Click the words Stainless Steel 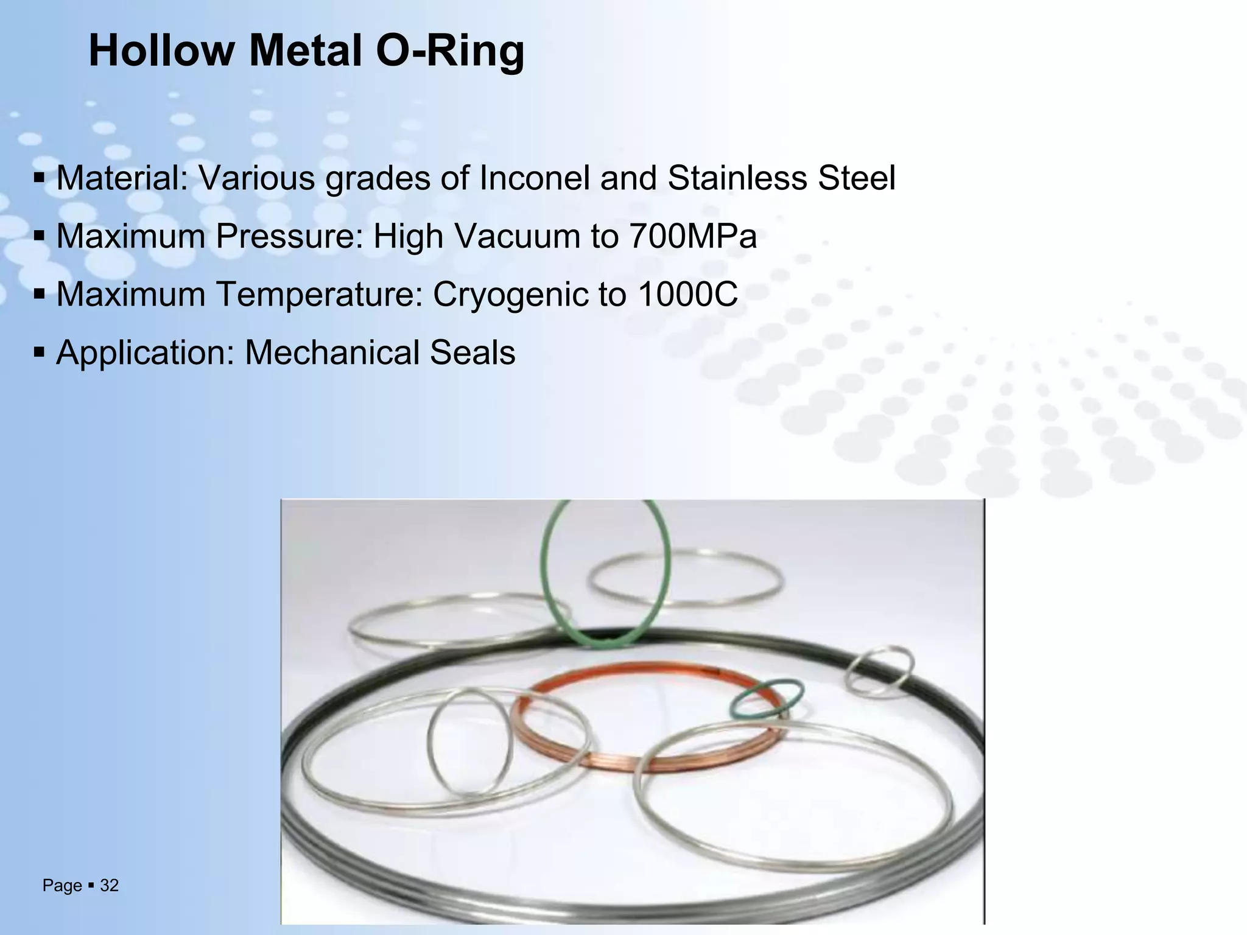click(x=781, y=178)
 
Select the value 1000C click(x=688, y=295)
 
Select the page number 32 click(x=109, y=886)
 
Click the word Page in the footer click(x=62, y=886)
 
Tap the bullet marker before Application click(x=40, y=353)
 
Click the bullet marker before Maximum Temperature click(x=40, y=295)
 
